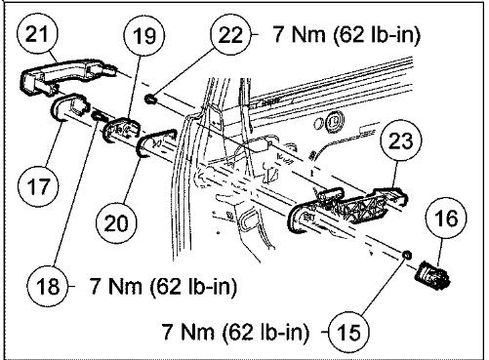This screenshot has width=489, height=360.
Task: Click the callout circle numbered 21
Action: tap(39, 37)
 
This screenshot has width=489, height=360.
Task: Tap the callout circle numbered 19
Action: tap(143, 37)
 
